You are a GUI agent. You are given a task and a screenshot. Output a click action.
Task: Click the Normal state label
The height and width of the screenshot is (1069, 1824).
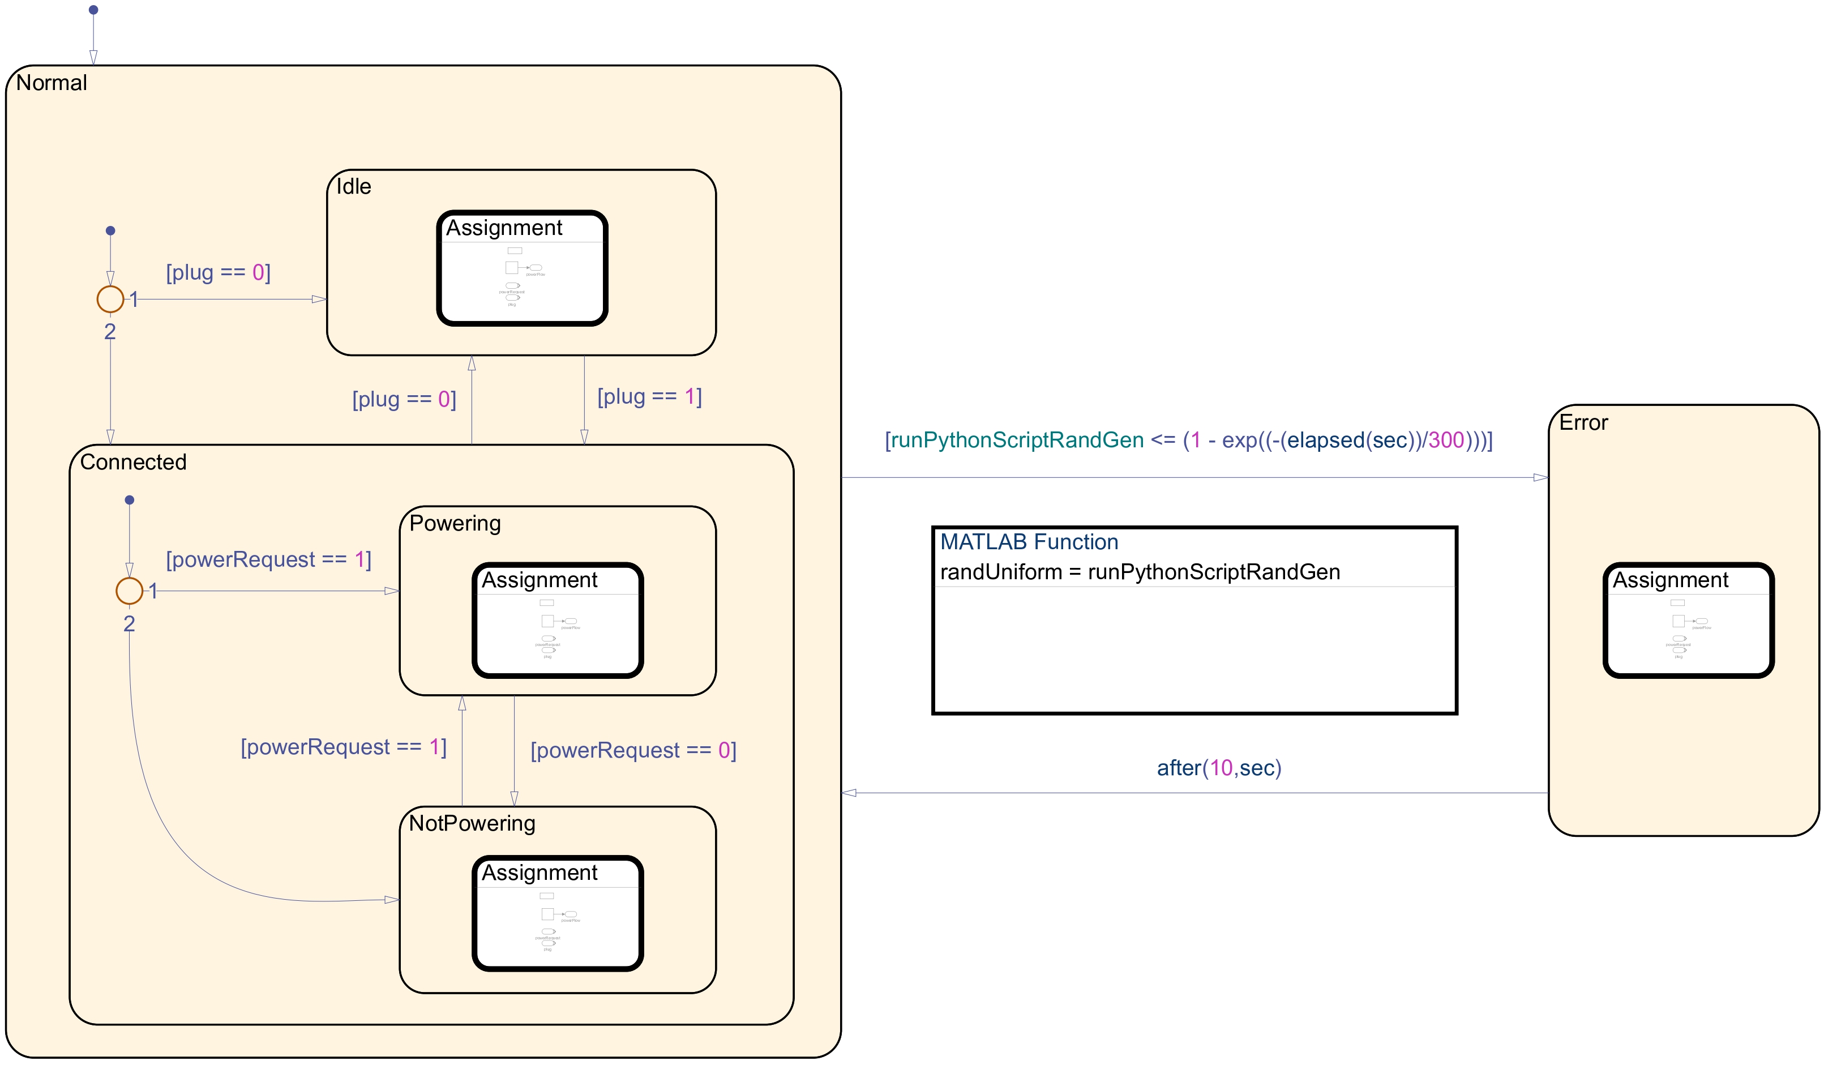[x=52, y=83]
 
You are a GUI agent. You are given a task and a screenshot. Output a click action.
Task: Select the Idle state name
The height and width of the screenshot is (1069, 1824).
[x=353, y=187]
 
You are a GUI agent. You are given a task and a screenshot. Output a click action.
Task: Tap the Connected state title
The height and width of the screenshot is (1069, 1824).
[x=133, y=462]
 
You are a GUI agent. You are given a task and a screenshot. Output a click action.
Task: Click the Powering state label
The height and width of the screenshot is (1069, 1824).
[x=455, y=523]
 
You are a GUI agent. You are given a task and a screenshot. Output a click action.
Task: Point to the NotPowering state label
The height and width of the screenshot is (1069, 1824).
[x=472, y=824]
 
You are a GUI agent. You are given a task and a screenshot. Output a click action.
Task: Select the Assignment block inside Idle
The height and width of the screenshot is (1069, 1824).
[x=522, y=268]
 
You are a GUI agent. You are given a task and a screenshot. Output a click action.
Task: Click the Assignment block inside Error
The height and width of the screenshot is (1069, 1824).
[x=1688, y=620]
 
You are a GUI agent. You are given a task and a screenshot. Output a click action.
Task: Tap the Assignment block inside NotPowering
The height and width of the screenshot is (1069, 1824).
[x=557, y=913]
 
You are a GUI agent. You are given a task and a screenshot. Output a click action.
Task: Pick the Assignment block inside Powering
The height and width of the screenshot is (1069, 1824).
[x=557, y=620]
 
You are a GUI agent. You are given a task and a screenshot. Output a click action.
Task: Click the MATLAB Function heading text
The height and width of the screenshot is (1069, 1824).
[x=1029, y=542]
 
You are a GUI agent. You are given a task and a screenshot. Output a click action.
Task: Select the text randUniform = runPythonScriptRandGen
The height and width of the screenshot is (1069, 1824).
[x=1139, y=572]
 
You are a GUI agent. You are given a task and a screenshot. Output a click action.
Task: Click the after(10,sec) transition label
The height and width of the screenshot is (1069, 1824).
[x=1218, y=768]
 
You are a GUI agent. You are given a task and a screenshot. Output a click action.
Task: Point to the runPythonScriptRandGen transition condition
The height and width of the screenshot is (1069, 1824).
[x=1188, y=440]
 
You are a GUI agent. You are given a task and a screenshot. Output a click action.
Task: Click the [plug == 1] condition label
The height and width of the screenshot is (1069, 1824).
[x=649, y=396]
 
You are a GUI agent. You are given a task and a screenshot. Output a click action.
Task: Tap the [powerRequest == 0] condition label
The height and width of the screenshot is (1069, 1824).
[x=633, y=751]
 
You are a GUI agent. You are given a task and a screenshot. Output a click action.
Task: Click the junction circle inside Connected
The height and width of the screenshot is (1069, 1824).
[x=130, y=591]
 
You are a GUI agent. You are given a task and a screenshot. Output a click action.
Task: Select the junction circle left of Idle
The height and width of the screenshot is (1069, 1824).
[x=110, y=299]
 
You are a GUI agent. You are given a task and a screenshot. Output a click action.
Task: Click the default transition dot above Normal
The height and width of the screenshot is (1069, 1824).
[x=93, y=10]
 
